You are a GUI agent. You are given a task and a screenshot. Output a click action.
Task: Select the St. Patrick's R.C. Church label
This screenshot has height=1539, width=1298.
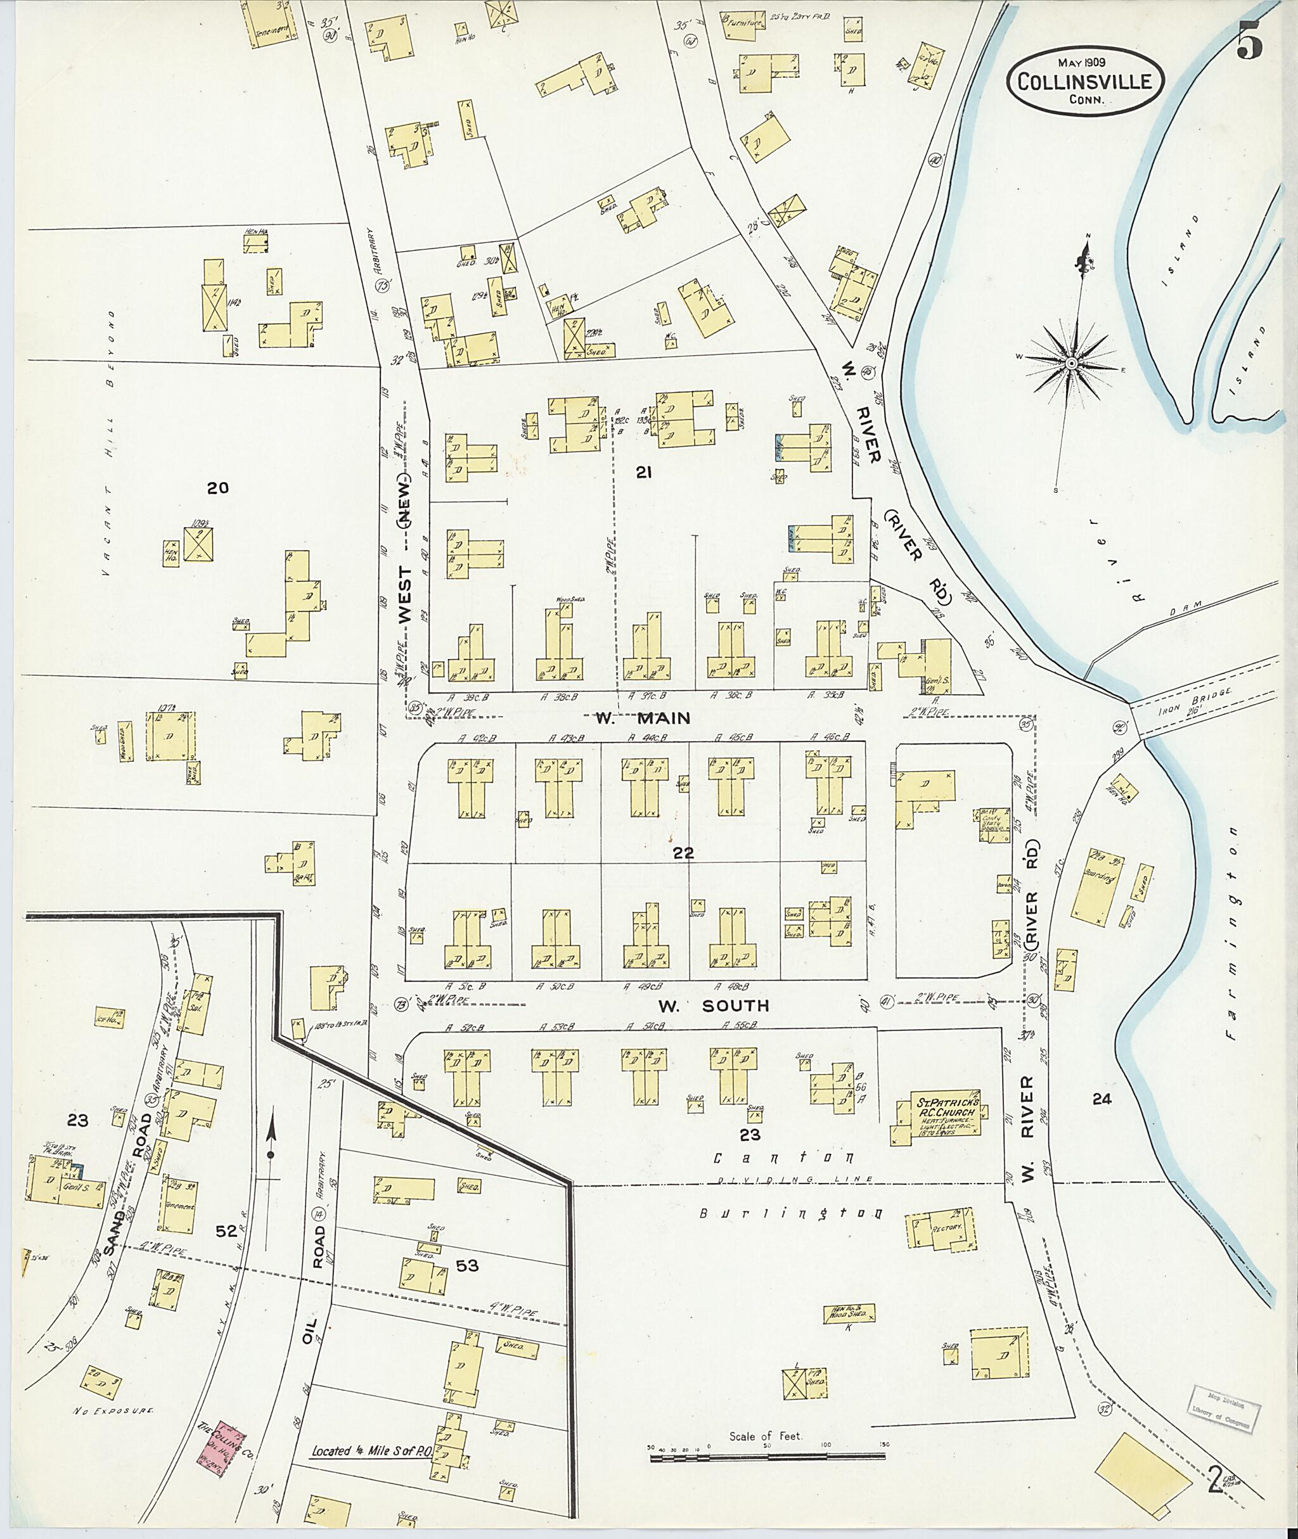point(947,1117)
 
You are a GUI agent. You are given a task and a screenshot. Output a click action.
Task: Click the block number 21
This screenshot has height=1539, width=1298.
point(644,474)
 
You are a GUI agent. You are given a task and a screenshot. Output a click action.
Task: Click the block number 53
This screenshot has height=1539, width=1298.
point(467,1265)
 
